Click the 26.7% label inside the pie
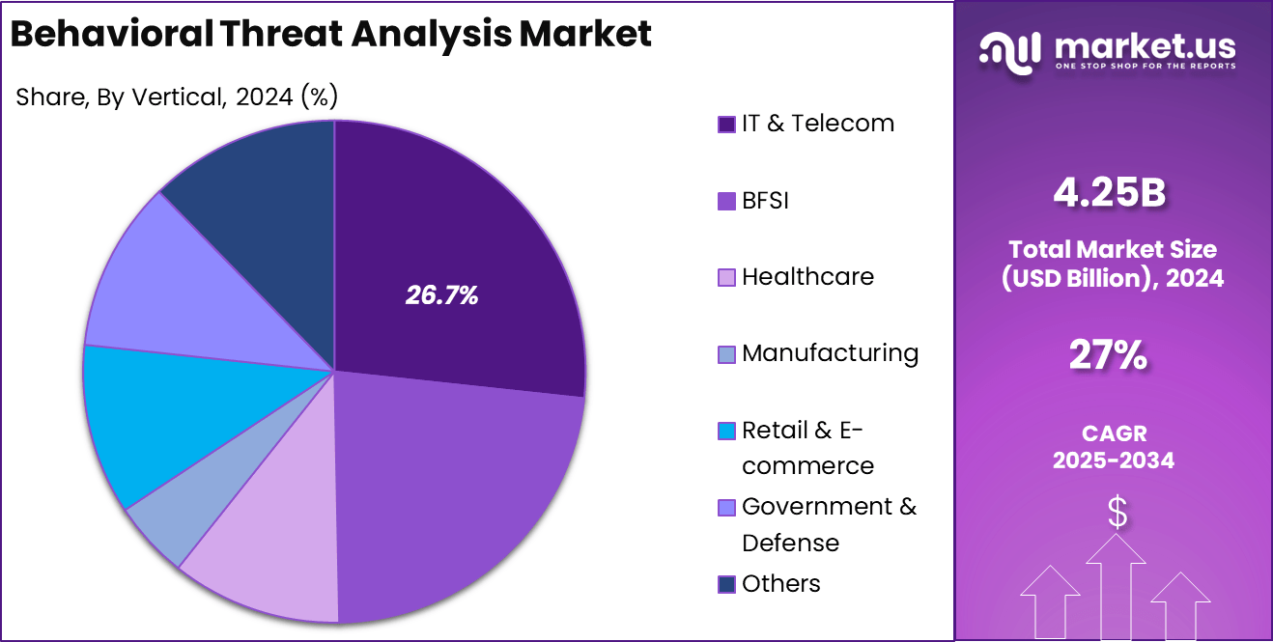tap(441, 295)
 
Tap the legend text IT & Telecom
tap(817, 124)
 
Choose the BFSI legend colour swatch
tap(726, 202)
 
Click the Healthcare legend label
tap(807, 277)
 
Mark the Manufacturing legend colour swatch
tap(726, 354)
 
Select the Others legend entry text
tap(780, 584)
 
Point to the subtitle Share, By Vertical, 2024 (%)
tap(177, 98)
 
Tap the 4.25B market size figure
tap(1110, 193)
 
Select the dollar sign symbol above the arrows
tap(1117, 513)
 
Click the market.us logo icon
tap(1009, 51)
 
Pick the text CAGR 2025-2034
tap(1113, 447)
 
